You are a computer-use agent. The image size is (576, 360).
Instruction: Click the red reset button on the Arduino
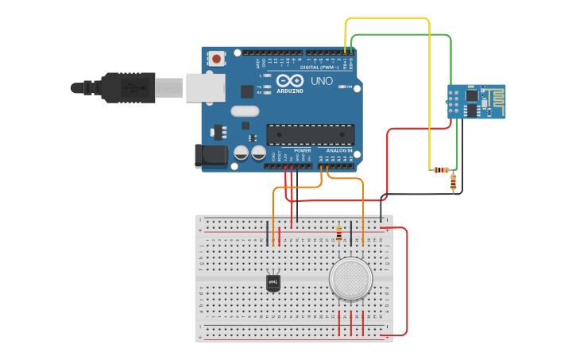click(x=216, y=58)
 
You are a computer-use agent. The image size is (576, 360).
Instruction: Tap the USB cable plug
click(x=127, y=87)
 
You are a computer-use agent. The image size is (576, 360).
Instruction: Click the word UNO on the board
click(x=322, y=81)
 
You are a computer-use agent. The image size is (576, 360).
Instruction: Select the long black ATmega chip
click(x=310, y=135)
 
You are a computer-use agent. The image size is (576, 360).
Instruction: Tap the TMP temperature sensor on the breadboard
click(x=273, y=282)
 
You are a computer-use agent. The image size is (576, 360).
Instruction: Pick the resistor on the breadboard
click(x=339, y=233)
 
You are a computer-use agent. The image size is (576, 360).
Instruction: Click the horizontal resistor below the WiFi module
click(x=441, y=169)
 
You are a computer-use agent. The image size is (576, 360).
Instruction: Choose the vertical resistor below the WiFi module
click(x=453, y=183)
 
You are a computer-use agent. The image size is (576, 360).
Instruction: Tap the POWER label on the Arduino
click(x=303, y=149)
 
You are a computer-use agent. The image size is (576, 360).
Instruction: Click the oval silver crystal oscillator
click(x=245, y=111)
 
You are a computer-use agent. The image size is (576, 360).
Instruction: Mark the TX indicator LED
click(x=268, y=85)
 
